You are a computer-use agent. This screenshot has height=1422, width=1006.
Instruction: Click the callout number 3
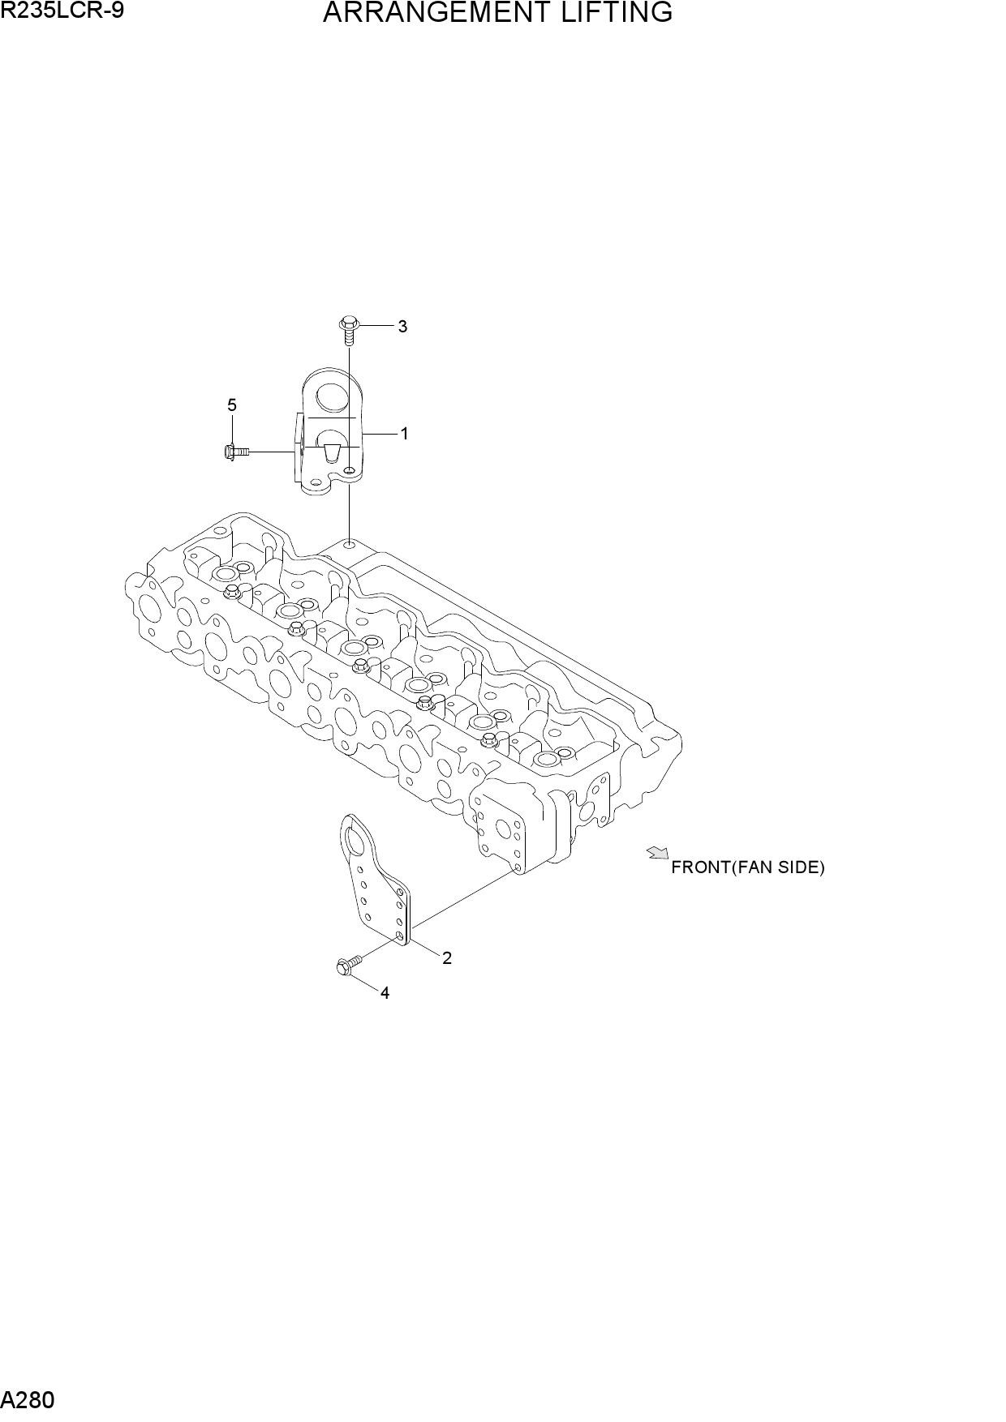click(x=402, y=327)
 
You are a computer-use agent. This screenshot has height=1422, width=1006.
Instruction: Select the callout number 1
click(x=404, y=434)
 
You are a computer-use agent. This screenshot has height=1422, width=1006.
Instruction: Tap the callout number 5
click(x=232, y=405)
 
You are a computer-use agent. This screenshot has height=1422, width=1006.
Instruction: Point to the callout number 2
click(x=447, y=958)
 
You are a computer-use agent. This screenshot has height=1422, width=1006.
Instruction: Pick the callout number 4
click(x=385, y=993)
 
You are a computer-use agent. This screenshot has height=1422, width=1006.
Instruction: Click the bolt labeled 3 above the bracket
click(x=348, y=330)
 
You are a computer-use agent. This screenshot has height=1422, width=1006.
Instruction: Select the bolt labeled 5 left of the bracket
click(x=235, y=452)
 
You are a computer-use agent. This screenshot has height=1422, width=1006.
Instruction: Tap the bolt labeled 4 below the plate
click(x=347, y=964)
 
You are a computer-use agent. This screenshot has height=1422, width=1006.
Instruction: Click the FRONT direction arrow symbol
click(x=657, y=852)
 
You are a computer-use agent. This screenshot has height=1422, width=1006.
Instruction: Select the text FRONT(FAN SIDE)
click(x=747, y=867)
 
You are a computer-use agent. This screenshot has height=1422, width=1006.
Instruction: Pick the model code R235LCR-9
click(x=62, y=11)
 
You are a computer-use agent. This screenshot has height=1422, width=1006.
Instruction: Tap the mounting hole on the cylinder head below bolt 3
click(x=349, y=544)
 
